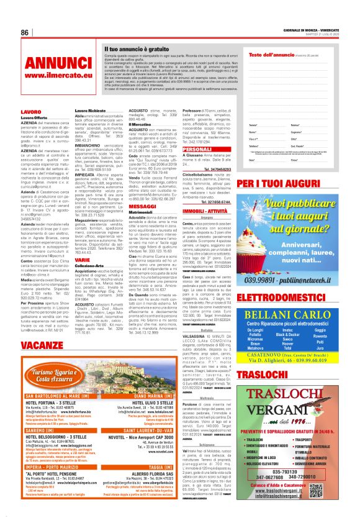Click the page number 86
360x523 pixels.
pos(25,32)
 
